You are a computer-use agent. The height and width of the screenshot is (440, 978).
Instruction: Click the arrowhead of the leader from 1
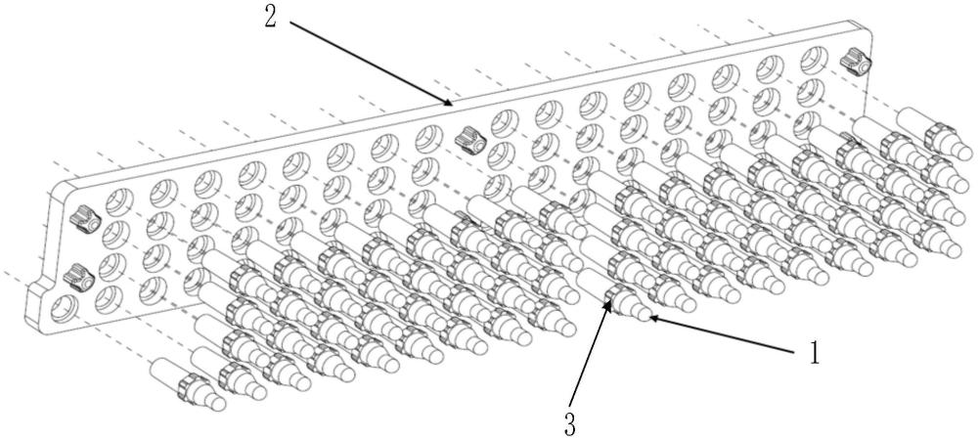point(649,317)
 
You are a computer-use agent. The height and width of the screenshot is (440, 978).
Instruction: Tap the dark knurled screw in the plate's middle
point(467,142)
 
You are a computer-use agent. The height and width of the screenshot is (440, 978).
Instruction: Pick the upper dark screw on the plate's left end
point(84,220)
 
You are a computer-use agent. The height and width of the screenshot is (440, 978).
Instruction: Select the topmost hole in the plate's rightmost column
point(812,60)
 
